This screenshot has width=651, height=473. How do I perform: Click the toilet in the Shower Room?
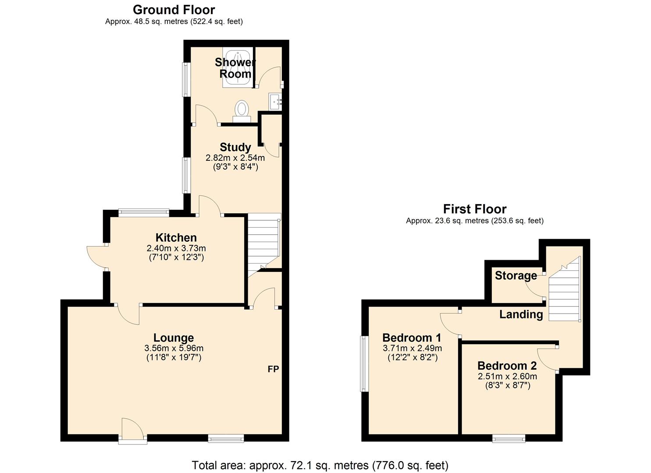tap(242, 110)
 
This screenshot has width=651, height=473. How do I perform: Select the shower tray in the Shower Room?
tap(238, 67)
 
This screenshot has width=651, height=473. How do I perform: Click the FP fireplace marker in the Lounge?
tap(273, 369)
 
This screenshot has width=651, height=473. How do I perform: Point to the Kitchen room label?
tap(176, 238)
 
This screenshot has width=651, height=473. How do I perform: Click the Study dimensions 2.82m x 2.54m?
tap(235, 158)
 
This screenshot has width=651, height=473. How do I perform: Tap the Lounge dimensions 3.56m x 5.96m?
tap(174, 348)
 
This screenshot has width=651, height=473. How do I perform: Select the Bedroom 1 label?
tap(412, 338)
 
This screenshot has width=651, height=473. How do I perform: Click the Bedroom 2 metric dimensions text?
tap(507, 376)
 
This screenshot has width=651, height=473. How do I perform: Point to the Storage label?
tap(516, 275)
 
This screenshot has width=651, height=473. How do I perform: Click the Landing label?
tap(521, 314)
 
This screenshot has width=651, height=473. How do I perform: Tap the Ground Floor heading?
tap(174, 10)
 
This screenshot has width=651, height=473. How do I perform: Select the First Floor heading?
tap(474, 209)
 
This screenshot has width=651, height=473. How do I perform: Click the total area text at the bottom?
tap(320, 465)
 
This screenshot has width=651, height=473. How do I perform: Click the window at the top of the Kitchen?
tap(143, 213)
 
